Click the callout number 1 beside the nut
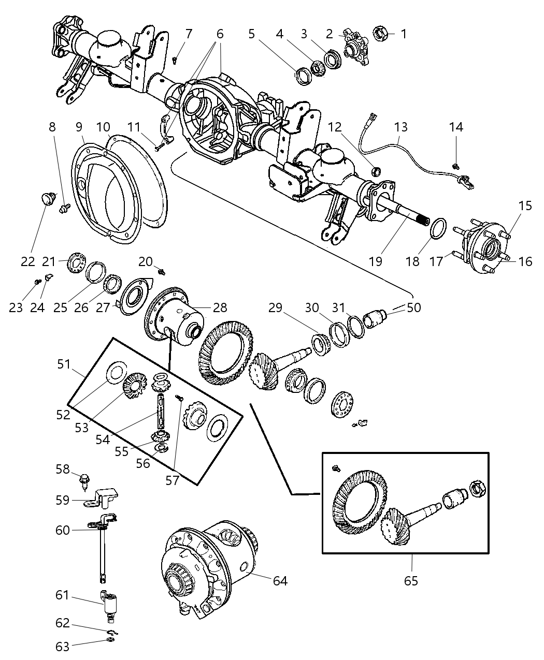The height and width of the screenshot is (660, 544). point(404,34)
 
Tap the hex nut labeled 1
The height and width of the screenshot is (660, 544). point(380,34)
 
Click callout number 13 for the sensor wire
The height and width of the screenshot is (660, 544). point(400,127)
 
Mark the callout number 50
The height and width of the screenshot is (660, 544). point(414,307)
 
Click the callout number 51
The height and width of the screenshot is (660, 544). point(64,364)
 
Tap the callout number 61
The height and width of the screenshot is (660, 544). point(62,596)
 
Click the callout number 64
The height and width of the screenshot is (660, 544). point(280,581)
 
